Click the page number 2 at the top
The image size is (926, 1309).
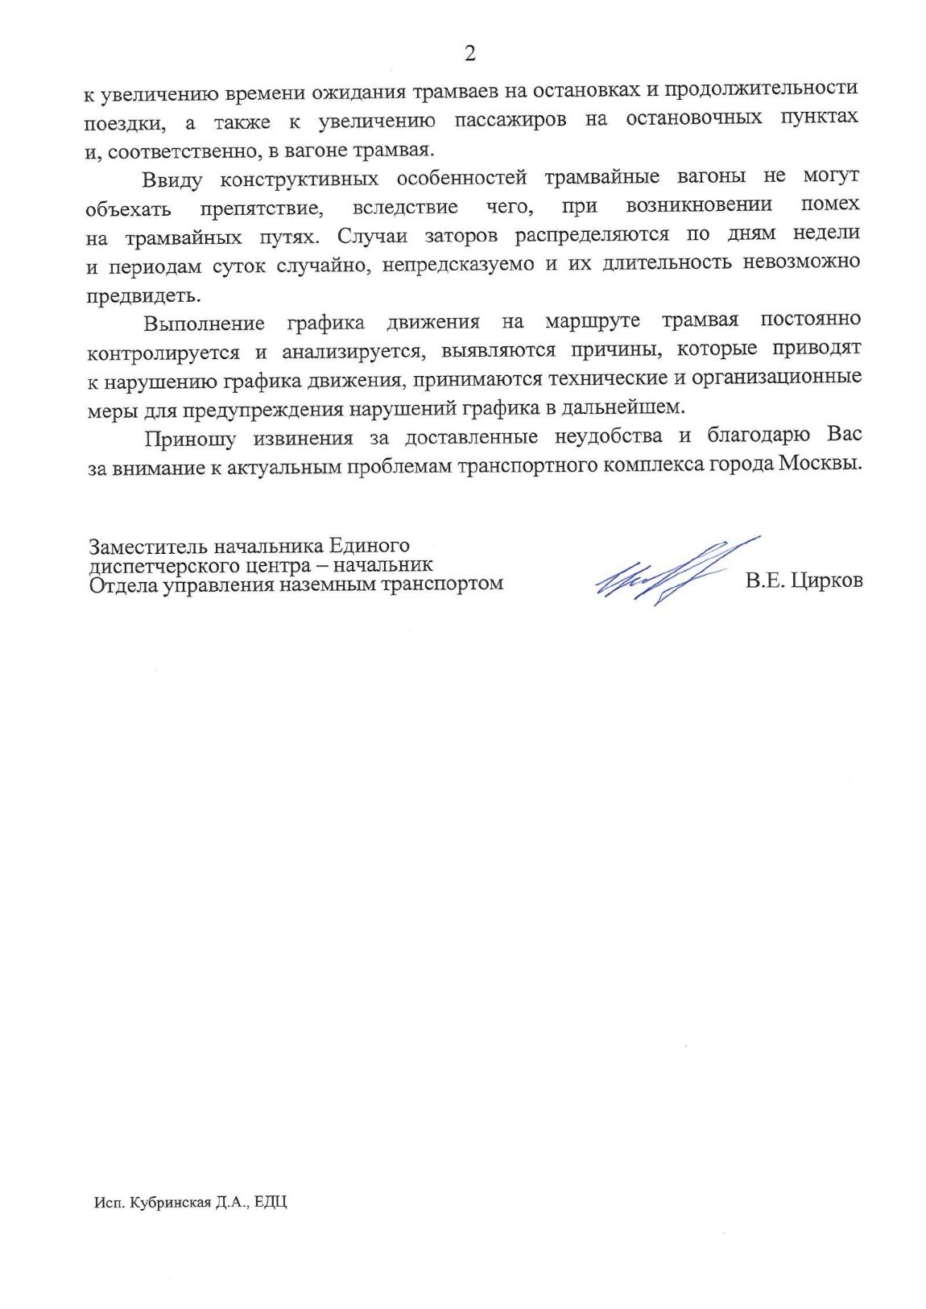coord(470,53)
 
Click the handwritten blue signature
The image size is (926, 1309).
coord(676,571)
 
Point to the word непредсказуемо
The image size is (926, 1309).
coord(458,264)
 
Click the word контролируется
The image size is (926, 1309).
coord(163,352)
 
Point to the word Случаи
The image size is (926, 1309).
coord(370,235)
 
